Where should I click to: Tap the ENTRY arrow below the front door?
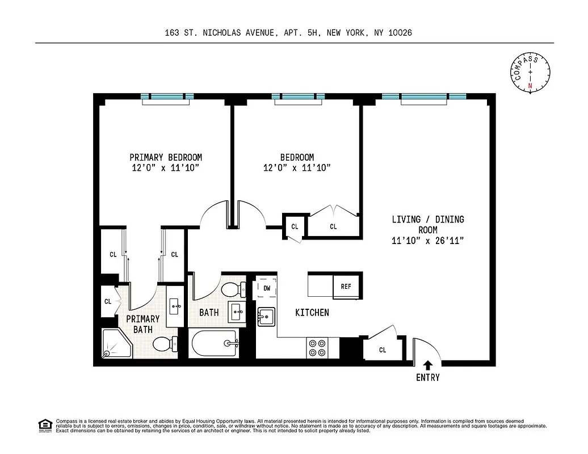[427, 365]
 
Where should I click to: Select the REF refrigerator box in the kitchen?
[346, 286]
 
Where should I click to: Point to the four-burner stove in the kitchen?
[317, 347]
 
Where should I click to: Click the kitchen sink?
[266, 316]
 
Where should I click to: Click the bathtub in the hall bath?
[215, 344]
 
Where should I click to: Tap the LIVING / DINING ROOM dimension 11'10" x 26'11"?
[428, 241]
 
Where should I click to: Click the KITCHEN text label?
[312, 313]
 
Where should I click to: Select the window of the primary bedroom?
[167, 97]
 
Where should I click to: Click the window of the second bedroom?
[298, 97]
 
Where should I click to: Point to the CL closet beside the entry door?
[382, 350]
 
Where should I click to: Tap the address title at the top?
[288, 33]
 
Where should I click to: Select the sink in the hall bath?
[237, 312]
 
